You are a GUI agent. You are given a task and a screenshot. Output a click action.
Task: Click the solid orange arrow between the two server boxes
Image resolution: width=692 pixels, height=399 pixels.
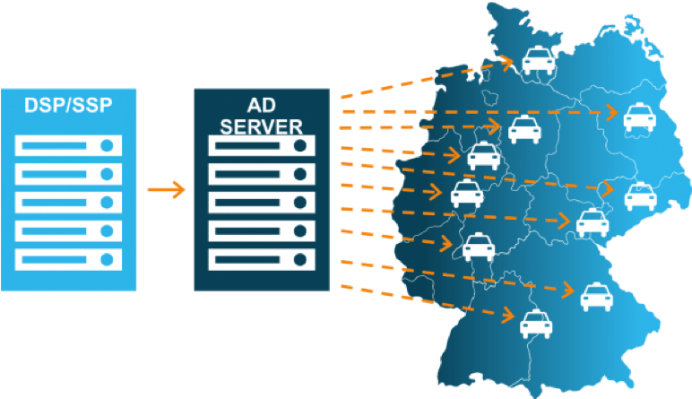pos(166,189)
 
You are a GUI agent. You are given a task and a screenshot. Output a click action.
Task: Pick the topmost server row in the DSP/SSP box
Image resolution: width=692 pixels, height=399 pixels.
pos(68,145)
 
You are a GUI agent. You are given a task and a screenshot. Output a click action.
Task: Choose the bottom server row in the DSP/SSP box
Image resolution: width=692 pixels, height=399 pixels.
pos(68,260)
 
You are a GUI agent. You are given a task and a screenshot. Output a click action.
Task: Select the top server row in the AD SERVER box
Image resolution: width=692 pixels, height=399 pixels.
pos(262,145)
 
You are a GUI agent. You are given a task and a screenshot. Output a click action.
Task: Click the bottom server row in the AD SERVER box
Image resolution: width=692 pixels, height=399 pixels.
pos(262,260)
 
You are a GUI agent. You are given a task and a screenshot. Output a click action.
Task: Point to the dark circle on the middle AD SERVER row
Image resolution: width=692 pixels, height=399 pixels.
pos(300,203)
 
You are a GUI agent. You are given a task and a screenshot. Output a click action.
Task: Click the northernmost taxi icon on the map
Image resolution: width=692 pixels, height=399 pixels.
pos(537,62)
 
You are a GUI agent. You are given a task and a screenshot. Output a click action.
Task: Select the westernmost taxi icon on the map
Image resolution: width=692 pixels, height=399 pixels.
pos(466,193)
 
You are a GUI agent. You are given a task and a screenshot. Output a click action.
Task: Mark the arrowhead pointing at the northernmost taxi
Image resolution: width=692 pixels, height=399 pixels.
pos(508,62)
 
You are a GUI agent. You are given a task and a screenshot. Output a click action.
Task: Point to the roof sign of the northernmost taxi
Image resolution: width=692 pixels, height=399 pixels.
pos(537,50)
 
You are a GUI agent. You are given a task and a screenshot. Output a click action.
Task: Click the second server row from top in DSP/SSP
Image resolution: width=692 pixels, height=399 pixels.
pos(68,174)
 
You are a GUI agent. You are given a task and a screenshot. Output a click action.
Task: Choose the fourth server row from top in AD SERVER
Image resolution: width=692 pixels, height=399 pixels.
pos(262,231)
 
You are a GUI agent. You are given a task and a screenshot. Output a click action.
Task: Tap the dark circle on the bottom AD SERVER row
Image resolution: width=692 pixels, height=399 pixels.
pos(300,260)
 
